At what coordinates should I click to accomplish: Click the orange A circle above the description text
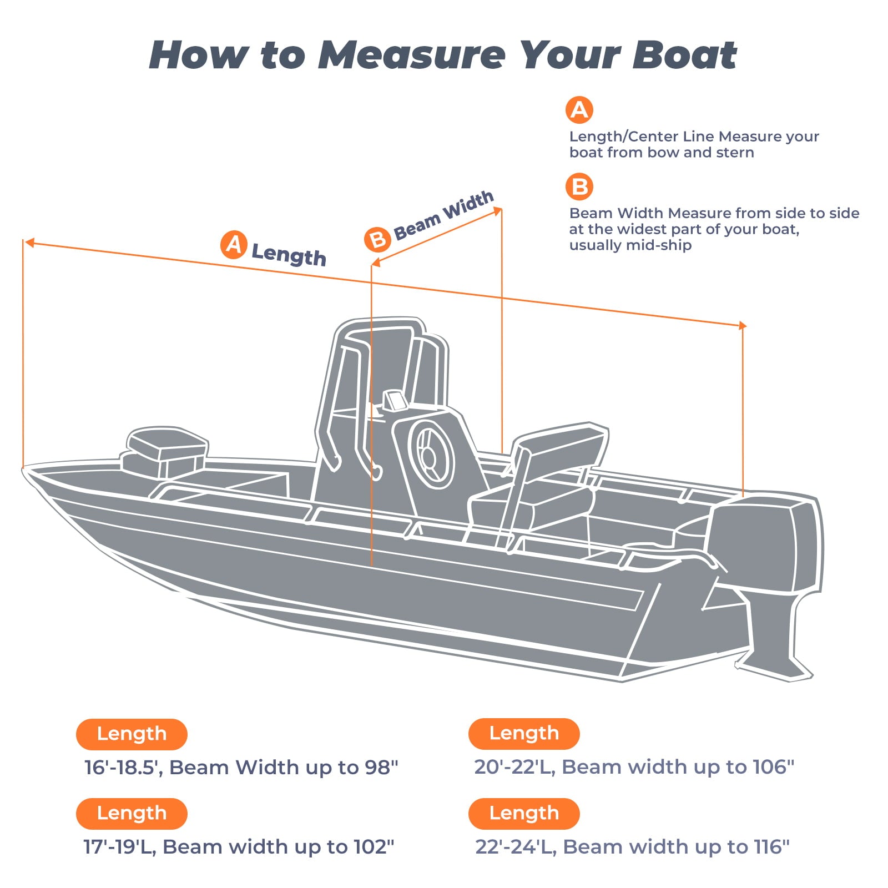579,110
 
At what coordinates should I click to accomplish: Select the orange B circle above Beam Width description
579,187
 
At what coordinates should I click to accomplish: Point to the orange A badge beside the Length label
234,244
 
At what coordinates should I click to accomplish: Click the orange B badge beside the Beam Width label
377,239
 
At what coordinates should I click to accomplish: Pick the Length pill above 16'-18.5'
132,734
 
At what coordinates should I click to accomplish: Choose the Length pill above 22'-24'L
523,813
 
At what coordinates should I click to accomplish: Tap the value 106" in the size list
774,767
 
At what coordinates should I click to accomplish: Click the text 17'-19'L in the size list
119,847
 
